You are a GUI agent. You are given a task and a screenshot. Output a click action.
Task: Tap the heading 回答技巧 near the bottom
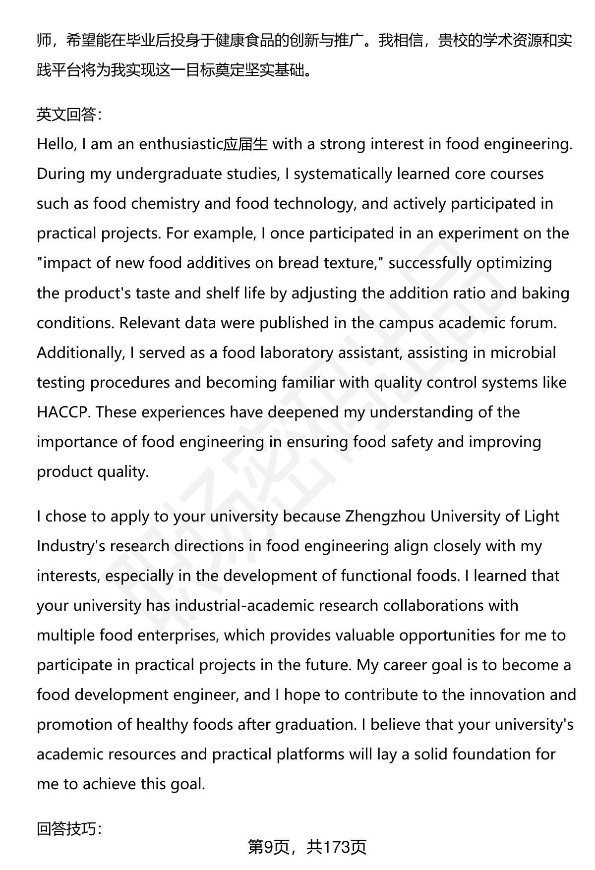point(69,828)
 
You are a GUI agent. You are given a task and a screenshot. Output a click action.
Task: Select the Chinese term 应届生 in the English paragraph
point(246,144)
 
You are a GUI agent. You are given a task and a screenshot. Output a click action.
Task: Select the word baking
point(546,293)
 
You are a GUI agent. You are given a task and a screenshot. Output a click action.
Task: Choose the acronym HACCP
point(63,412)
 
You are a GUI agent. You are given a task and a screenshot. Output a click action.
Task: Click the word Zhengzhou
point(385,516)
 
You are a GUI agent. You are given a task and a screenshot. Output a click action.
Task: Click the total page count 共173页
point(336,847)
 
